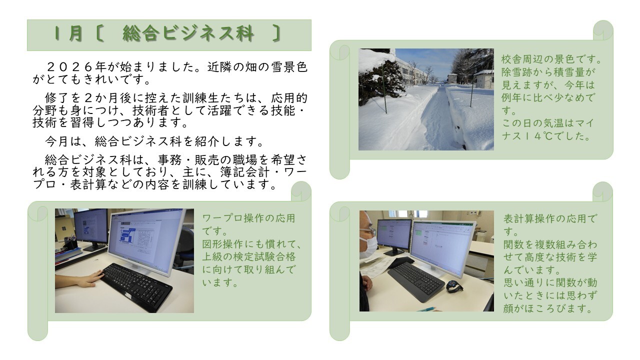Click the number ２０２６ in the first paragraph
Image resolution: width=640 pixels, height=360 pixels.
[x=68, y=67]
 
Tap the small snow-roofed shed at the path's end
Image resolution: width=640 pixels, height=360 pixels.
[x=452, y=78]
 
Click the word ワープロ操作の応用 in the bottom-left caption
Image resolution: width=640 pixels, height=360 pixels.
[x=248, y=218]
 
